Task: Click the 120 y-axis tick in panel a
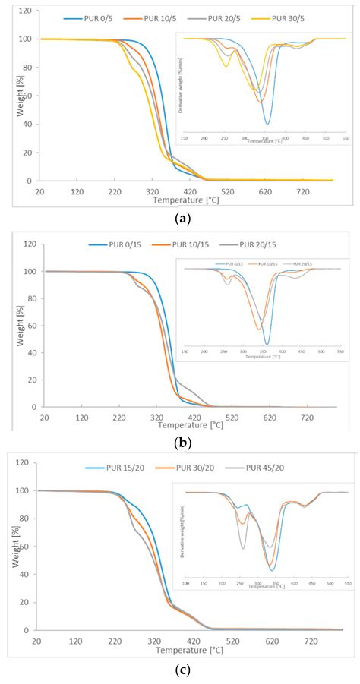coord(25,11)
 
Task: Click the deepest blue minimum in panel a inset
coord(267,124)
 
